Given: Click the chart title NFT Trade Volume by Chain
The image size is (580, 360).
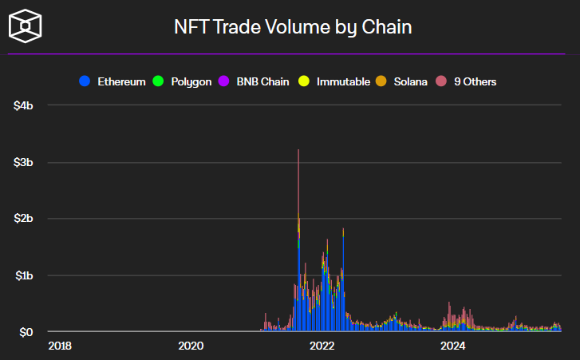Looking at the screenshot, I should pyautogui.click(x=293, y=27).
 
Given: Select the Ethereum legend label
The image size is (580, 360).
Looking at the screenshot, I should pyautogui.click(x=121, y=81).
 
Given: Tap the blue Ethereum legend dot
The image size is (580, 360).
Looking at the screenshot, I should pyautogui.click(x=85, y=81).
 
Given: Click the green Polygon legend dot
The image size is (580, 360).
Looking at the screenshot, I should pyautogui.click(x=157, y=81).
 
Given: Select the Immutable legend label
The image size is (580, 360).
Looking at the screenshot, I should pyautogui.click(x=343, y=81).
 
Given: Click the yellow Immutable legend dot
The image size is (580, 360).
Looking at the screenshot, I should pyautogui.click(x=304, y=81).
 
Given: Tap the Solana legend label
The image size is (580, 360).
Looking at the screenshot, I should pyautogui.click(x=411, y=81).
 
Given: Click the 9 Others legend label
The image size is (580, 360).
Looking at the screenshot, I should pyautogui.click(x=475, y=81).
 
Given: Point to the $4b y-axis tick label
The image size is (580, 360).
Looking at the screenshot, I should pyautogui.click(x=24, y=106).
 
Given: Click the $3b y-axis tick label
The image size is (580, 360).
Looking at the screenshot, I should pyautogui.click(x=24, y=163).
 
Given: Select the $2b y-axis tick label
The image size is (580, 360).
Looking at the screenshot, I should pyautogui.click(x=24, y=219).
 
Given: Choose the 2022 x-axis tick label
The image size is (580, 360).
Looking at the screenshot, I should pyautogui.click(x=322, y=346).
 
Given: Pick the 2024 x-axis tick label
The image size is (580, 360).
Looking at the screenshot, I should pyautogui.click(x=453, y=346).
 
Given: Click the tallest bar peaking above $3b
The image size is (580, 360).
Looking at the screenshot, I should pyautogui.click(x=298, y=239).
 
